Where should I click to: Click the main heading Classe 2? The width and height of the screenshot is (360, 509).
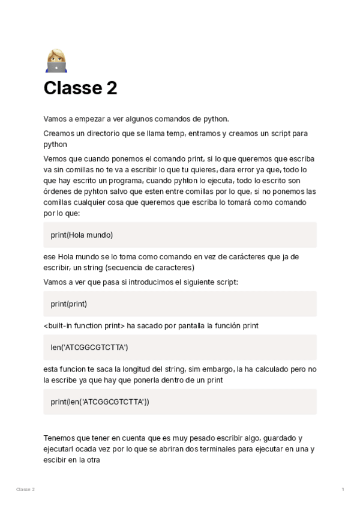[80, 88]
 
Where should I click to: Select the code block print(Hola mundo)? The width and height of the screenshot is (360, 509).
[180, 235]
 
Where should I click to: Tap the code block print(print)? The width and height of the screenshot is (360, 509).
[180, 304]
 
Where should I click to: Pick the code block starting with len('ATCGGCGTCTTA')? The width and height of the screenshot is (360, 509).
[180, 347]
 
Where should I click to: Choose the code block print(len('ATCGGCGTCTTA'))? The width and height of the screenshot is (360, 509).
[180, 402]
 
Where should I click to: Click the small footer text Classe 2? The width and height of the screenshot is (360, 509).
[25, 490]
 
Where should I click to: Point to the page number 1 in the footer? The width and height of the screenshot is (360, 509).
[343, 490]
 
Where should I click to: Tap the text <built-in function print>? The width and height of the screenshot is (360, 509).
[84, 326]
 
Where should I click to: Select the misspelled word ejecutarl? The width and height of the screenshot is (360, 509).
[59, 450]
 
